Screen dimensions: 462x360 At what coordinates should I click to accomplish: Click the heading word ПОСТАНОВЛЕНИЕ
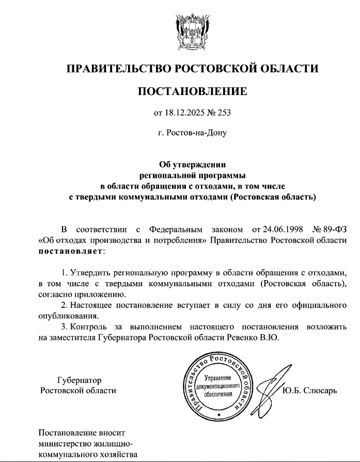point(192,92)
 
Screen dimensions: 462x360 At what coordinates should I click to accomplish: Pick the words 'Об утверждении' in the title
point(192,165)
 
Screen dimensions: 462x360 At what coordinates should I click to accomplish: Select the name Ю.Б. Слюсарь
point(310,390)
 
